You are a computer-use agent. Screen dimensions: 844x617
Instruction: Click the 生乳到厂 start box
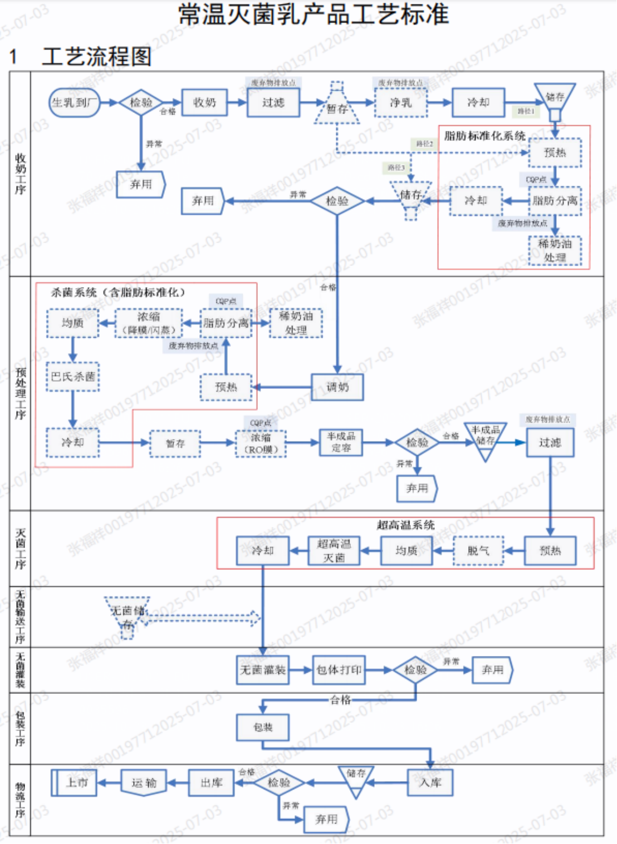point(74,103)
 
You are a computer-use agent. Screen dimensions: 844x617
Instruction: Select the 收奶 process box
point(204,102)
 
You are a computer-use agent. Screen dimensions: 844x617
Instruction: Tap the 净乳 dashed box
point(401,102)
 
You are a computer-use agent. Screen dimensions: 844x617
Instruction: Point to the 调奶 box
point(337,387)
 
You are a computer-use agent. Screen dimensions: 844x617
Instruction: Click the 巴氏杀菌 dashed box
point(73,377)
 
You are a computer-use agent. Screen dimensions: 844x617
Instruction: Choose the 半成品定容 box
point(341,442)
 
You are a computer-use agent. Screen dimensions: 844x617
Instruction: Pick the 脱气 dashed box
point(478,551)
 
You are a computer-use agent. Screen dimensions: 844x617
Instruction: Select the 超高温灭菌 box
point(334,551)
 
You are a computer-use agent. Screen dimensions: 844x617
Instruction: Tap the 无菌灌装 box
point(263,670)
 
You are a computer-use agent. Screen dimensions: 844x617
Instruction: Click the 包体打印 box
point(339,670)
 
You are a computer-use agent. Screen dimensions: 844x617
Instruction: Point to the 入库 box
point(430,783)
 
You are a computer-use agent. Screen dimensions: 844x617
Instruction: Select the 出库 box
point(212,783)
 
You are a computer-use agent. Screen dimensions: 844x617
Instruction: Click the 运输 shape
point(144,783)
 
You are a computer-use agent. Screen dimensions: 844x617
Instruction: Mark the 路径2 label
point(425,144)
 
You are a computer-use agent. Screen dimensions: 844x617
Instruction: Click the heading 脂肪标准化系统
point(484,136)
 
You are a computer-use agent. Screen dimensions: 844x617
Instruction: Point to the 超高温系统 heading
point(405,525)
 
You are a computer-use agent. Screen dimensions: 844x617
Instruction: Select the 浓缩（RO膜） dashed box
point(261,444)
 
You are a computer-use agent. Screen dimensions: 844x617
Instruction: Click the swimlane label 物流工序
point(21,800)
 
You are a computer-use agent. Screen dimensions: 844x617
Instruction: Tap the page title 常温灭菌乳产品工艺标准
point(314,14)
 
